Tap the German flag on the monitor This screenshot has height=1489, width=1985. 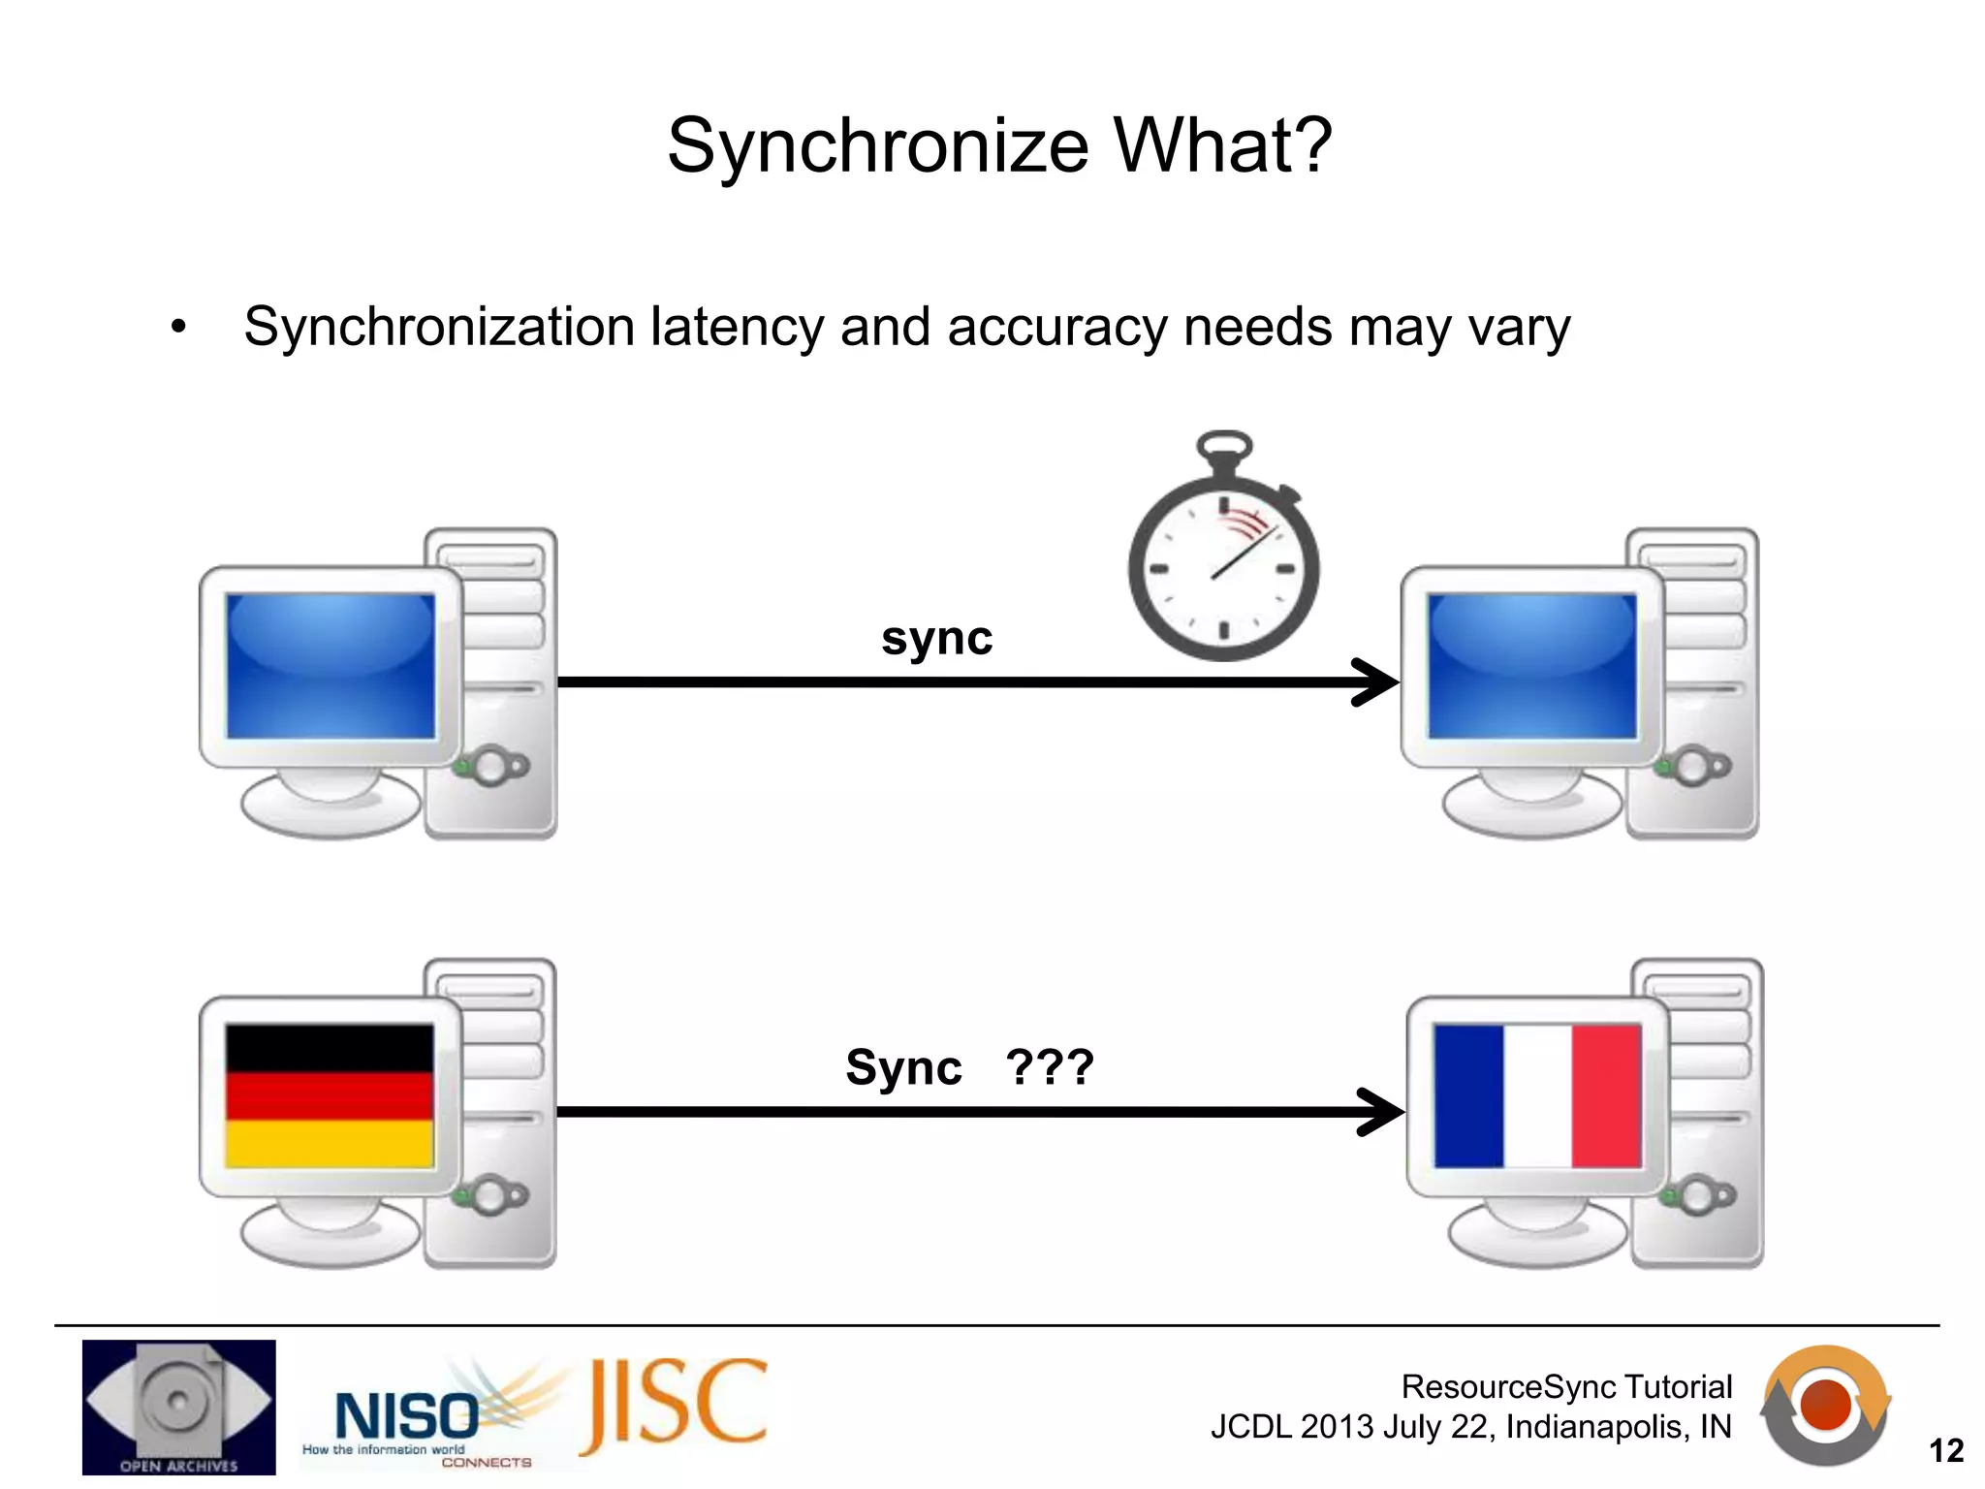330,1095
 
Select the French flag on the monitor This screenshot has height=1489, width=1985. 1537,1096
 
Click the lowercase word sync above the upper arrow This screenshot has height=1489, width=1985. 936,639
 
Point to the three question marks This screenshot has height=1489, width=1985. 1050,1067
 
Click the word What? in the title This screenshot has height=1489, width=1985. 1223,145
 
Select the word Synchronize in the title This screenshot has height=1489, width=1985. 878,145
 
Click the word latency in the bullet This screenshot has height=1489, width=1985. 737,327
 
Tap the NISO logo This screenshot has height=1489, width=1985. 407,1416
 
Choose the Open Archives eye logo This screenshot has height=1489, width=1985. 179,1407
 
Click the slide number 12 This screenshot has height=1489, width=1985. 1945,1450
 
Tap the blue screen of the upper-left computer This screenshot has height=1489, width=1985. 331,666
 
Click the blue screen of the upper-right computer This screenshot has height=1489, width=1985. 1532,666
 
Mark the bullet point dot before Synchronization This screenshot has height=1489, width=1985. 177,328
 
